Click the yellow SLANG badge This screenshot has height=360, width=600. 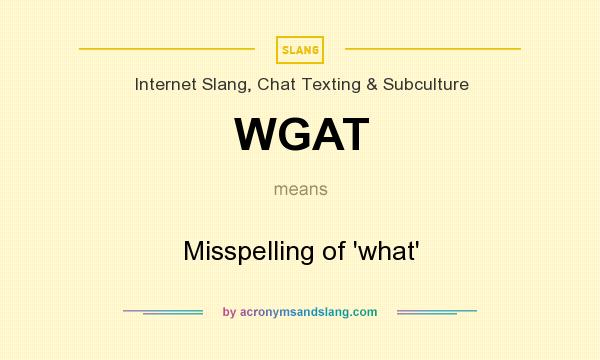point(300,49)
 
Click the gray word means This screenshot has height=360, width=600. point(300,188)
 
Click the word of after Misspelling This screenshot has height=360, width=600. point(334,251)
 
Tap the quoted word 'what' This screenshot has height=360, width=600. point(385,251)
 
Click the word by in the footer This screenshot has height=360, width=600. point(229,312)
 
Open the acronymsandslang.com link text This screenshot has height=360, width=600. point(308,312)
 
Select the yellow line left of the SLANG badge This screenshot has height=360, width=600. point(166,49)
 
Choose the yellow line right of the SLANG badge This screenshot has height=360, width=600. point(432,49)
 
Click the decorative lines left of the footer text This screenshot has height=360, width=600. point(163,312)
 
